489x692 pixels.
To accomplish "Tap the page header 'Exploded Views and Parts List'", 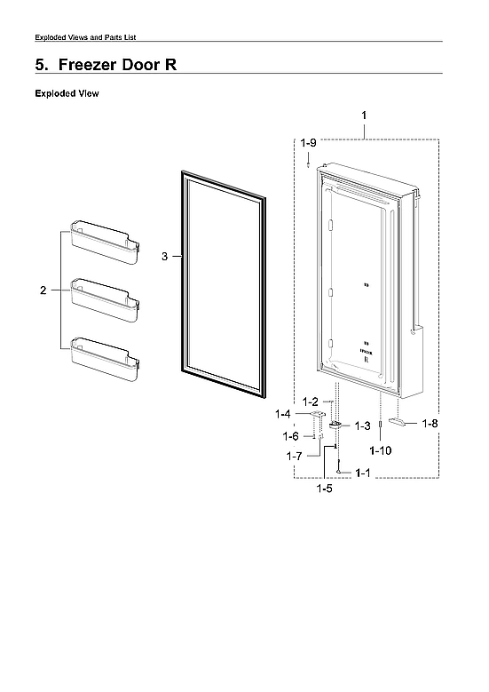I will [x=84, y=36].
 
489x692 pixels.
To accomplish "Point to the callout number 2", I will [x=43, y=291].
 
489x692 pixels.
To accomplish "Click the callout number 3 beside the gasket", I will [x=164, y=257].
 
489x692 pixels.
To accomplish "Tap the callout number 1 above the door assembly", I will [x=364, y=115].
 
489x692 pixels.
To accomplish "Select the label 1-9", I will [x=307, y=142].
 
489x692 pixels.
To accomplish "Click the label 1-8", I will [x=430, y=424].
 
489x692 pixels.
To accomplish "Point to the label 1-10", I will [x=381, y=450].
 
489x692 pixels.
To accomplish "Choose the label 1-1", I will [x=362, y=473].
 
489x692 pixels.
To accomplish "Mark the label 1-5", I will [x=325, y=488].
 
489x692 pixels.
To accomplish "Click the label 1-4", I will [x=283, y=414].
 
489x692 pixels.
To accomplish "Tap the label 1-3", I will [x=362, y=426].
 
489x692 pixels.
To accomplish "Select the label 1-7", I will [x=295, y=456].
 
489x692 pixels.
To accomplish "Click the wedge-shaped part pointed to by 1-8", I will [x=402, y=423].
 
